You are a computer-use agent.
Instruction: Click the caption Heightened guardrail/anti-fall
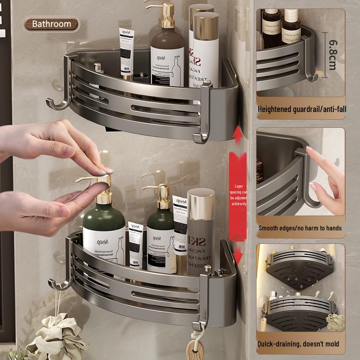click(x=301, y=109)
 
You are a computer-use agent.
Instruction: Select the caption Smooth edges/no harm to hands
click(x=300, y=228)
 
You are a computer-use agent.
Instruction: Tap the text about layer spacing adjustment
click(x=238, y=194)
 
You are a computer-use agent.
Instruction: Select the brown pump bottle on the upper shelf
click(x=167, y=54)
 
